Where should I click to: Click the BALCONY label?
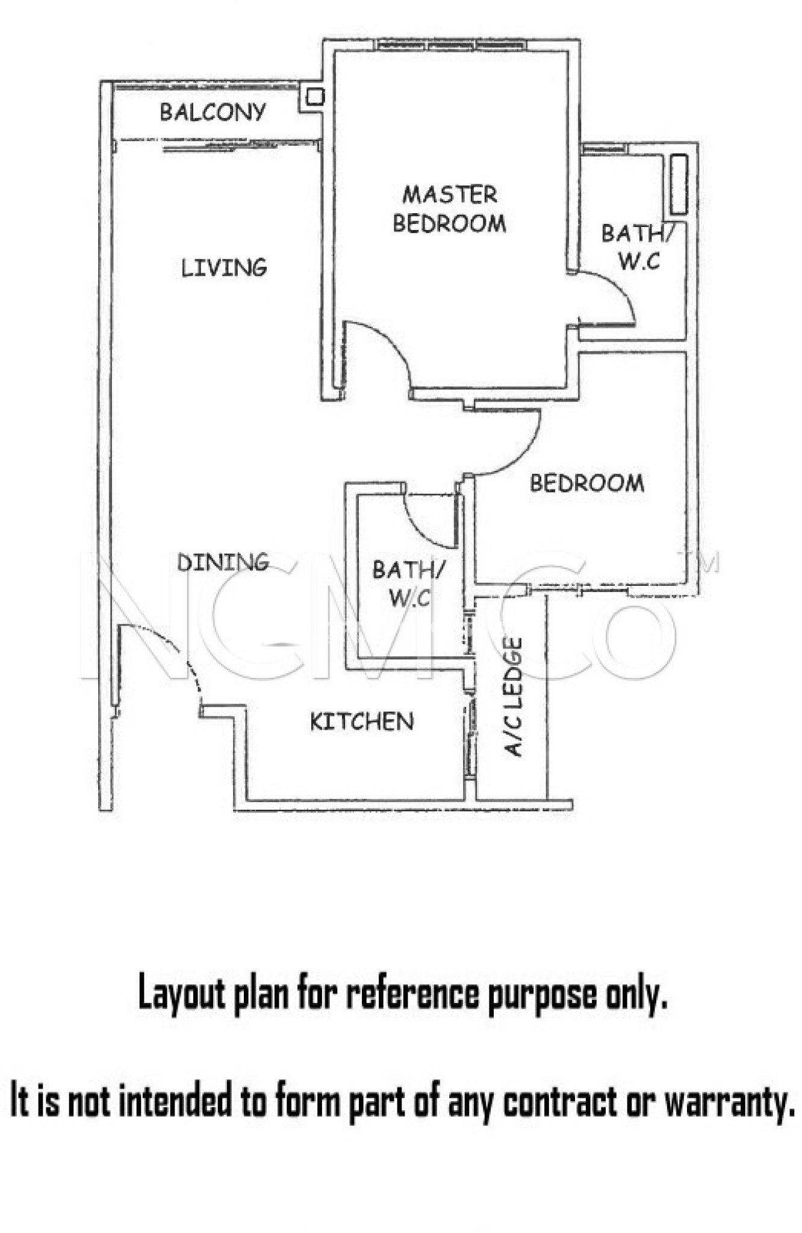click(x=213, y=112)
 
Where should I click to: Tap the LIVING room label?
click(x=224, y=267)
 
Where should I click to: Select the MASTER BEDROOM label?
click(x=450, y=209)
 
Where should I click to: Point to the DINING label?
click(x=223, y=562)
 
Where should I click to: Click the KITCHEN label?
click(x=362, y=721)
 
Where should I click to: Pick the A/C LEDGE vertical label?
click(x=514, y=697)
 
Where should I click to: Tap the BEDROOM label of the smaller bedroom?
click(x=587, y=483)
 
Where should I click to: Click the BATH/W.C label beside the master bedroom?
click(x=638, y=247)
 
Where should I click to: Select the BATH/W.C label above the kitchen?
click(x=409, y=583)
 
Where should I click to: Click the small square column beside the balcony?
click(x=316, y=96)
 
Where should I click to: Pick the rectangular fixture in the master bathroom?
click(x=679, y=184)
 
